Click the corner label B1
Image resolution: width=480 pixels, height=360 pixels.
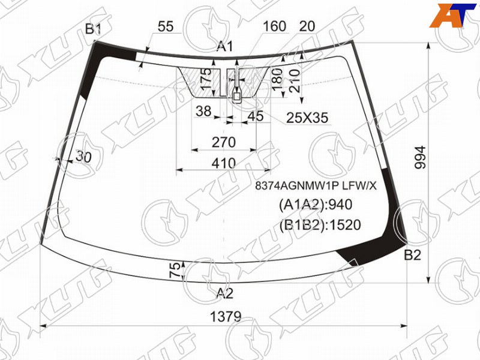pos(93,29)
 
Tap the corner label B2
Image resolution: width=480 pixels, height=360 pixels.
pos(412,255)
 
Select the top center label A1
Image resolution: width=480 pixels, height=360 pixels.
pos(225,47)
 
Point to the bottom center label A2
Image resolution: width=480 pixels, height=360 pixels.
pos(225,293)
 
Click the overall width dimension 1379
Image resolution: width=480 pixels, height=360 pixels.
pos(226,317)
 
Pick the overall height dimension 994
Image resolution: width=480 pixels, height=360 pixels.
pos(421,157)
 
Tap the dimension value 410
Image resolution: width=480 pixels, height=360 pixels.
pos(223,163)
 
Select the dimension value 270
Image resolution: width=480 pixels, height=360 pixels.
pos(224,142)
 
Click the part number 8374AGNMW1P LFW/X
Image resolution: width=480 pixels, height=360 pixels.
pos(316,185)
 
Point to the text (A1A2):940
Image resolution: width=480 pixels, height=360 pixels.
pos(316,205)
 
